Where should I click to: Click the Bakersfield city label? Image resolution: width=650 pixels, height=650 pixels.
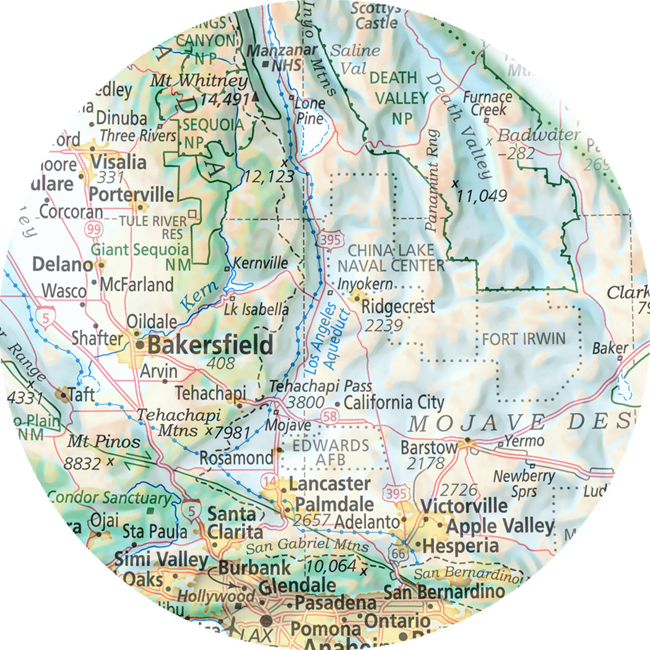[x=210, y=345]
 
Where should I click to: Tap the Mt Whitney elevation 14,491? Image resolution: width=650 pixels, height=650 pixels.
[x=224, y=98]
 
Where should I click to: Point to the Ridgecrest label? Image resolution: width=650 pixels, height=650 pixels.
[x=398, y=306]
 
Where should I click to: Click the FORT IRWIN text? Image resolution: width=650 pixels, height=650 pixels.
[x=524, y=339]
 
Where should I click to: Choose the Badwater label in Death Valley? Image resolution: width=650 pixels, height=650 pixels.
[x=538, y=135]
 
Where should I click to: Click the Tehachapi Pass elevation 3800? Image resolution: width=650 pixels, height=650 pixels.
[x=306, y=402]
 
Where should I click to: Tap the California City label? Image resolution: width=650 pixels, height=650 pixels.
[x=394, y=402]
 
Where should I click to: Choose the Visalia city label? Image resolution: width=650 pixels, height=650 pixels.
[x=118, y=162]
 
